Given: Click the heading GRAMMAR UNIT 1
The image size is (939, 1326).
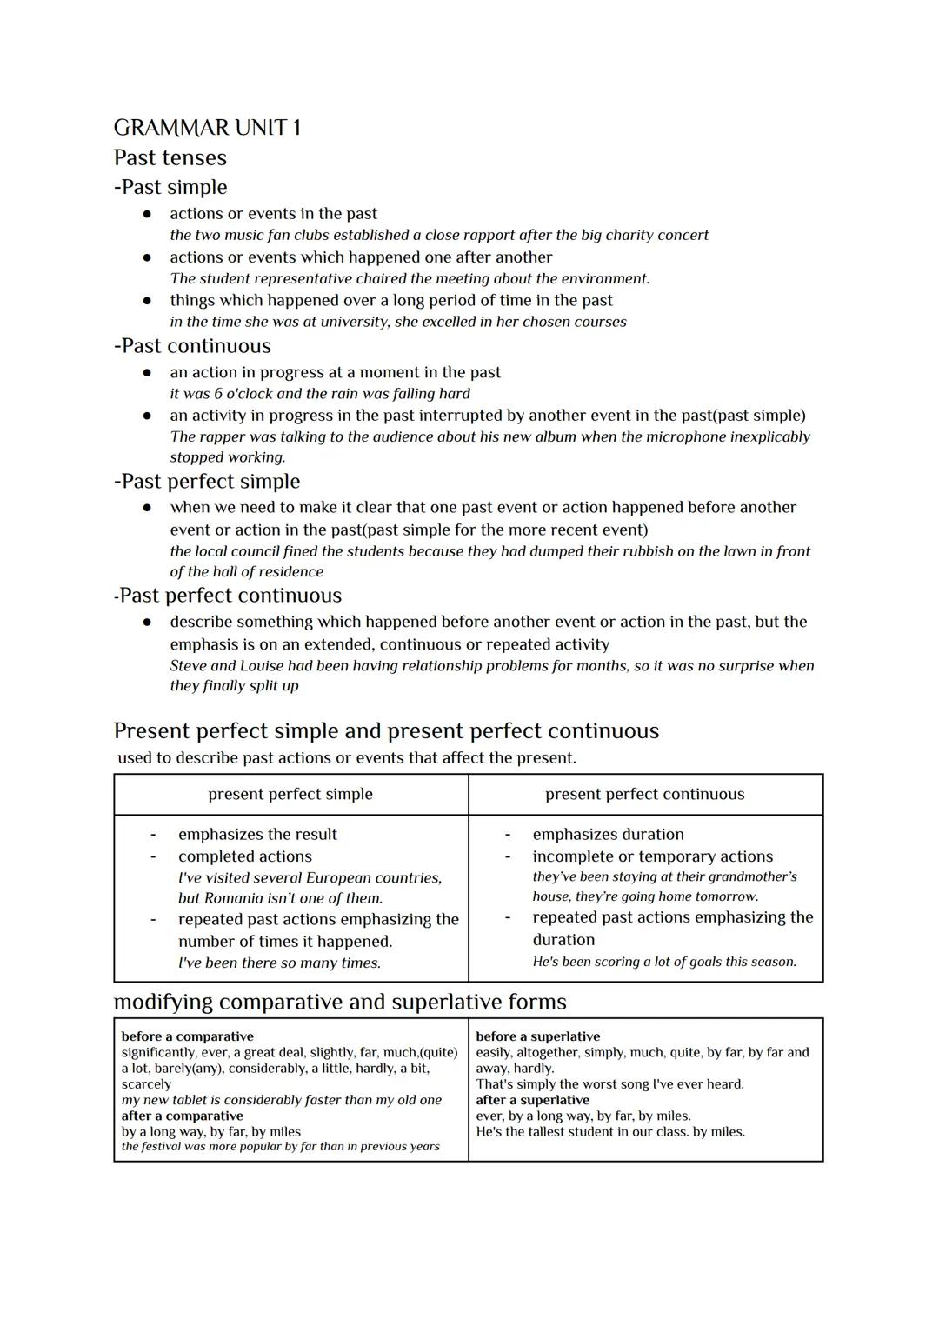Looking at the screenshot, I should point(207,128).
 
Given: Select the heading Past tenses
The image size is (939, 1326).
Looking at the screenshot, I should point(170,157).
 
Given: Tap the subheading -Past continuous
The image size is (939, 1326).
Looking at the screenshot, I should point(192,346).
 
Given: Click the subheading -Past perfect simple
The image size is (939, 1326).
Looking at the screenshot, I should point(207,481).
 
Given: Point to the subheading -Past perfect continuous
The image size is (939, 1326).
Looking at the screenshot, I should point(228,596).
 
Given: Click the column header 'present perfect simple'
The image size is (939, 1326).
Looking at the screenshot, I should point(290,794).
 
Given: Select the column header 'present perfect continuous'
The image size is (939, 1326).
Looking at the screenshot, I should point(644,794).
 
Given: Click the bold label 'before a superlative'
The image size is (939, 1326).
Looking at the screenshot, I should point(537,1036).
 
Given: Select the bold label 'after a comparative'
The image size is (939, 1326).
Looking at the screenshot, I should point(182,1116).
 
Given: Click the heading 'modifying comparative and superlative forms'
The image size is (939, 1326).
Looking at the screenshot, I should point(340,1002).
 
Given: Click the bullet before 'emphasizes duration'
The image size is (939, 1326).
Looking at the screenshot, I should point(508,835).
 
